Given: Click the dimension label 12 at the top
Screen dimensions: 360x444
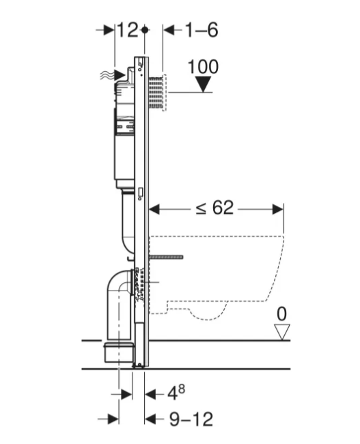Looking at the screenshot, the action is [x=128, y=30].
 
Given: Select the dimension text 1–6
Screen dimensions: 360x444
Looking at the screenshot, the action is [x=202, y=30].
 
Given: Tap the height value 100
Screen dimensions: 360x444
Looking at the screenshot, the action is [x=203, y=67].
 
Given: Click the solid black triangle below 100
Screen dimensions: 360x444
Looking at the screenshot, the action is [x=204, y=85].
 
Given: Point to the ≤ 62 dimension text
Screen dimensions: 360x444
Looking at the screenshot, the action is [x=214, y=208].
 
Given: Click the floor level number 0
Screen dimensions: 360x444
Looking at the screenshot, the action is [x=281, y=314].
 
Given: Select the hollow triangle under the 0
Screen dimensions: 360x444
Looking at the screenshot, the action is [x=282, y=332].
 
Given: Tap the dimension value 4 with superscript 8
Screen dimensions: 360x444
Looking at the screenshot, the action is [x=176, y=392].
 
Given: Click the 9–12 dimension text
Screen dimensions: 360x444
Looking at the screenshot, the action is [x=191, y=419].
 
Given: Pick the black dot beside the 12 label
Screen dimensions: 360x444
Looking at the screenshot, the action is [x=145, y=29].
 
